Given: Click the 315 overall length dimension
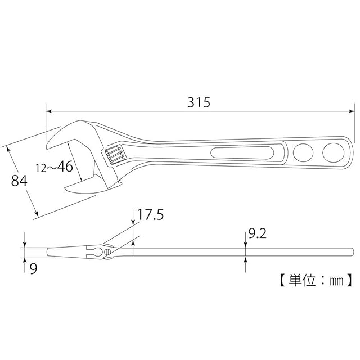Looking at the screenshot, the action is (x=199, y=102).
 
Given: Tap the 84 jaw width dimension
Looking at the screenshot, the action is (x=19, y=181).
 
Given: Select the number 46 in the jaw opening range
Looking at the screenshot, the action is (x=65, y=166).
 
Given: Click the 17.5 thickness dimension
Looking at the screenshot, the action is (x=150, y=215).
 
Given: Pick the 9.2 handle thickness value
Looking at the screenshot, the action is (x=258, y=234).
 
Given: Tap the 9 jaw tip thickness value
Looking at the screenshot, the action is (x=34, y=268).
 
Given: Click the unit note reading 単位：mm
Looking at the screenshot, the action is (x=316, y=280).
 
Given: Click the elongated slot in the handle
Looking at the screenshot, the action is (x=242, y=152).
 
